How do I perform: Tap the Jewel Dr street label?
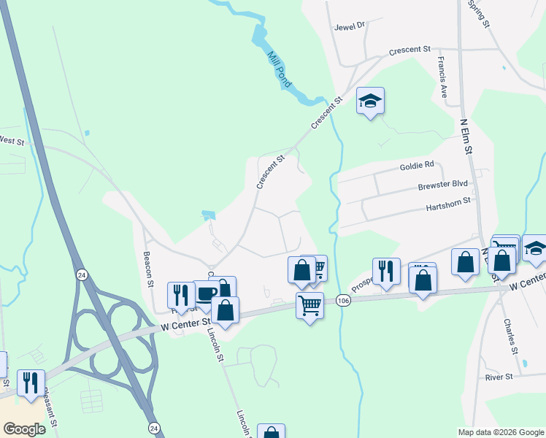[x=349, y=26]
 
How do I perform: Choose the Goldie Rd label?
[x=417, y=166]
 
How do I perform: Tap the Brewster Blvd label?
[x=443, y=185]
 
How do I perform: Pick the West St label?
[x=11, y=140]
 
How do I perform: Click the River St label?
[x=499, y=377]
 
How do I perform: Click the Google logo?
[x=24, y=429]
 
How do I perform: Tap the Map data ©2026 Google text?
[x=500, y=432]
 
